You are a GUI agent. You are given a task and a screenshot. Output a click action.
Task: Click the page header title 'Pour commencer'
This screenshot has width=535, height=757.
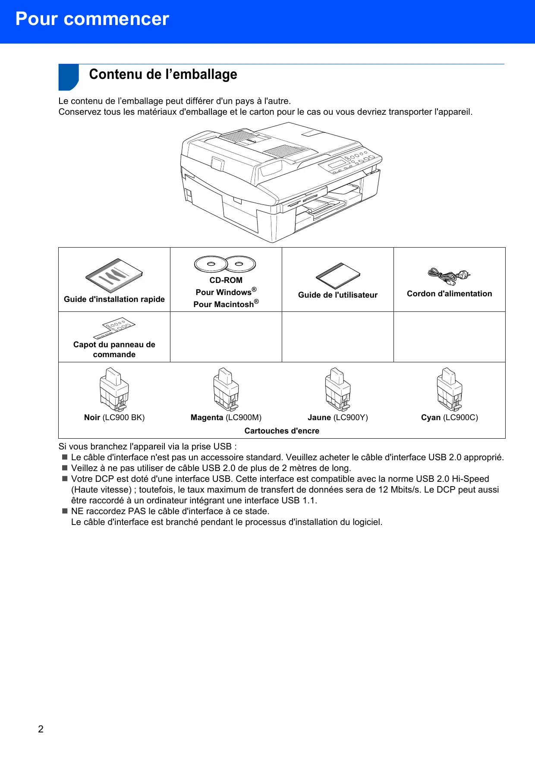tap(92, 19)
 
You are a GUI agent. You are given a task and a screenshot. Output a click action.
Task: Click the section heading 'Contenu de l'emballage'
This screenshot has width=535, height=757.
tap(163, 74)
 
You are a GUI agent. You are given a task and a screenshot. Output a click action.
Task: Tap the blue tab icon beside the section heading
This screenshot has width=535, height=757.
tap(68, 77)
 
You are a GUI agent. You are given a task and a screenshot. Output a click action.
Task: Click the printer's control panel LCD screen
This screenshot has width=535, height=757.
tap(337, 163)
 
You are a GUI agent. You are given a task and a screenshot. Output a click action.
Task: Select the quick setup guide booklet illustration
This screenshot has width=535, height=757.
tap(114, 276)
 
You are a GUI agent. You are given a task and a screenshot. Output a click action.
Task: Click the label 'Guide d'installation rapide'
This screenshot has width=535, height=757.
tap(114, 299)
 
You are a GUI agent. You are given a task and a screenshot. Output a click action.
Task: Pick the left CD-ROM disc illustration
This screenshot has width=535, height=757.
tap(211, 264)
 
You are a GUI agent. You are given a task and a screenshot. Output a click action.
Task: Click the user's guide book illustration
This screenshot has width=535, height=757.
tap(338, 275)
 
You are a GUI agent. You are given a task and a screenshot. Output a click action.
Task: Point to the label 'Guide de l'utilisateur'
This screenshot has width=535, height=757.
tap(338, 295)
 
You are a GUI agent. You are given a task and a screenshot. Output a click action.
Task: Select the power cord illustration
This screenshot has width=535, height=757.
tap(449, 276)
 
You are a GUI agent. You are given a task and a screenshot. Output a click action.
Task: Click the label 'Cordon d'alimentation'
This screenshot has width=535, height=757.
tap(449, 294)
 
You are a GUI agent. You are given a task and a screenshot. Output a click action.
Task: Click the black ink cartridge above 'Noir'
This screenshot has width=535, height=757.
tap(114, 389)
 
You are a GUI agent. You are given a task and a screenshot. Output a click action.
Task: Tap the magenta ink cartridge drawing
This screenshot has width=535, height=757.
tap(226, 389)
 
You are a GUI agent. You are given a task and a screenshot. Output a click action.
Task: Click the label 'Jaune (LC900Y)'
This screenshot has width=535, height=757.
tap(338, 418)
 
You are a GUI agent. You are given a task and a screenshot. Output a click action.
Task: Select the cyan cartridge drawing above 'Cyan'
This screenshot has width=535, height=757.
tap(449, 389)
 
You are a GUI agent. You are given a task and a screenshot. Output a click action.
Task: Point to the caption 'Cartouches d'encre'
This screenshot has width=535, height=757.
tap(282, 431)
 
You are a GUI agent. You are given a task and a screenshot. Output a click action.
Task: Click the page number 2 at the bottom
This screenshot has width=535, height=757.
tap(41, 729)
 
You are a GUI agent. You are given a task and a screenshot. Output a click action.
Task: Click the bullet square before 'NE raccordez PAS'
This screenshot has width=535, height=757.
tap(65, 511)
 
